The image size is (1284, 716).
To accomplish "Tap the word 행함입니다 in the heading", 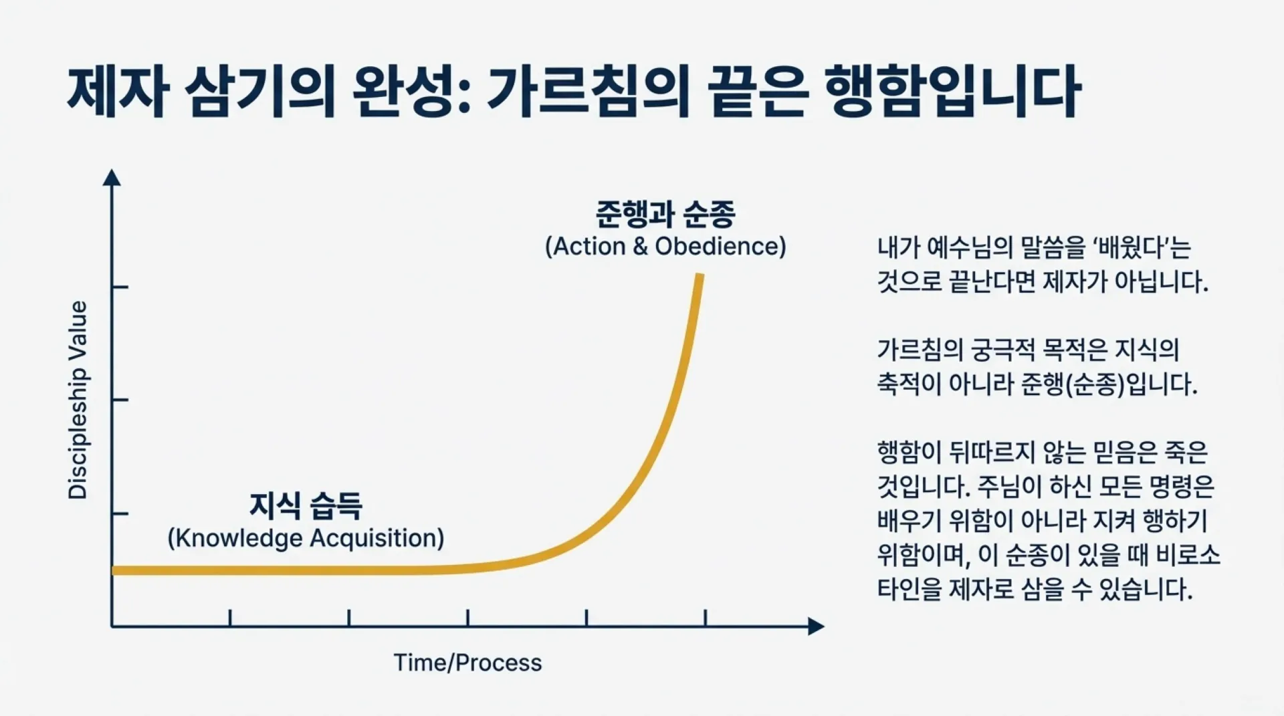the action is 952,93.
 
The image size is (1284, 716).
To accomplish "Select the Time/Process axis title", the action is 467,663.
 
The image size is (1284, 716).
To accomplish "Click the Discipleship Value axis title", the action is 78,400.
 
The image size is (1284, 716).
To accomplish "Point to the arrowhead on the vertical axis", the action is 112,177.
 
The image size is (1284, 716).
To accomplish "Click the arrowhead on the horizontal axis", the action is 817,626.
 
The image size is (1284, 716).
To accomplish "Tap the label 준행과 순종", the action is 665,214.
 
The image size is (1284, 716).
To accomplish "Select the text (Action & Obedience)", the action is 665,247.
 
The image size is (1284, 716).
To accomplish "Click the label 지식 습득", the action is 306,505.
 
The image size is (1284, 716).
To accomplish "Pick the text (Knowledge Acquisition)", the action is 306,538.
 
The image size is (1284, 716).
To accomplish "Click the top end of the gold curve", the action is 700,275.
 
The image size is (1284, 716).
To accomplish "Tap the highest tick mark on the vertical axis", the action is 120,287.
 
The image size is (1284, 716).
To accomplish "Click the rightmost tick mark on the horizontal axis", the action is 706,618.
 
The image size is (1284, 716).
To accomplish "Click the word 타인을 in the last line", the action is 909,589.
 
